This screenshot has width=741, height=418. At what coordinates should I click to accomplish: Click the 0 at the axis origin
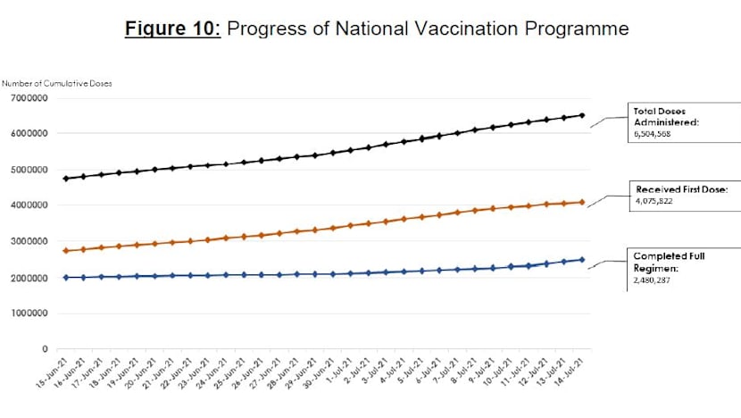pyautogui.click(x=45, y=349)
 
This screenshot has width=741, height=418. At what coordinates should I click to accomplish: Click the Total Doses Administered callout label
pyautogui.click(x=663, y=120)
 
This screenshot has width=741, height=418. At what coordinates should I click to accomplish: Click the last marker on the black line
pyautogui.click(x=582, y=115)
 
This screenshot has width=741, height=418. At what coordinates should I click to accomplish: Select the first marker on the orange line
pyautogui.click(x=66, y=251)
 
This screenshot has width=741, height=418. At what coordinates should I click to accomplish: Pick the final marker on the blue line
pyautogui.click(x=582, y=260)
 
